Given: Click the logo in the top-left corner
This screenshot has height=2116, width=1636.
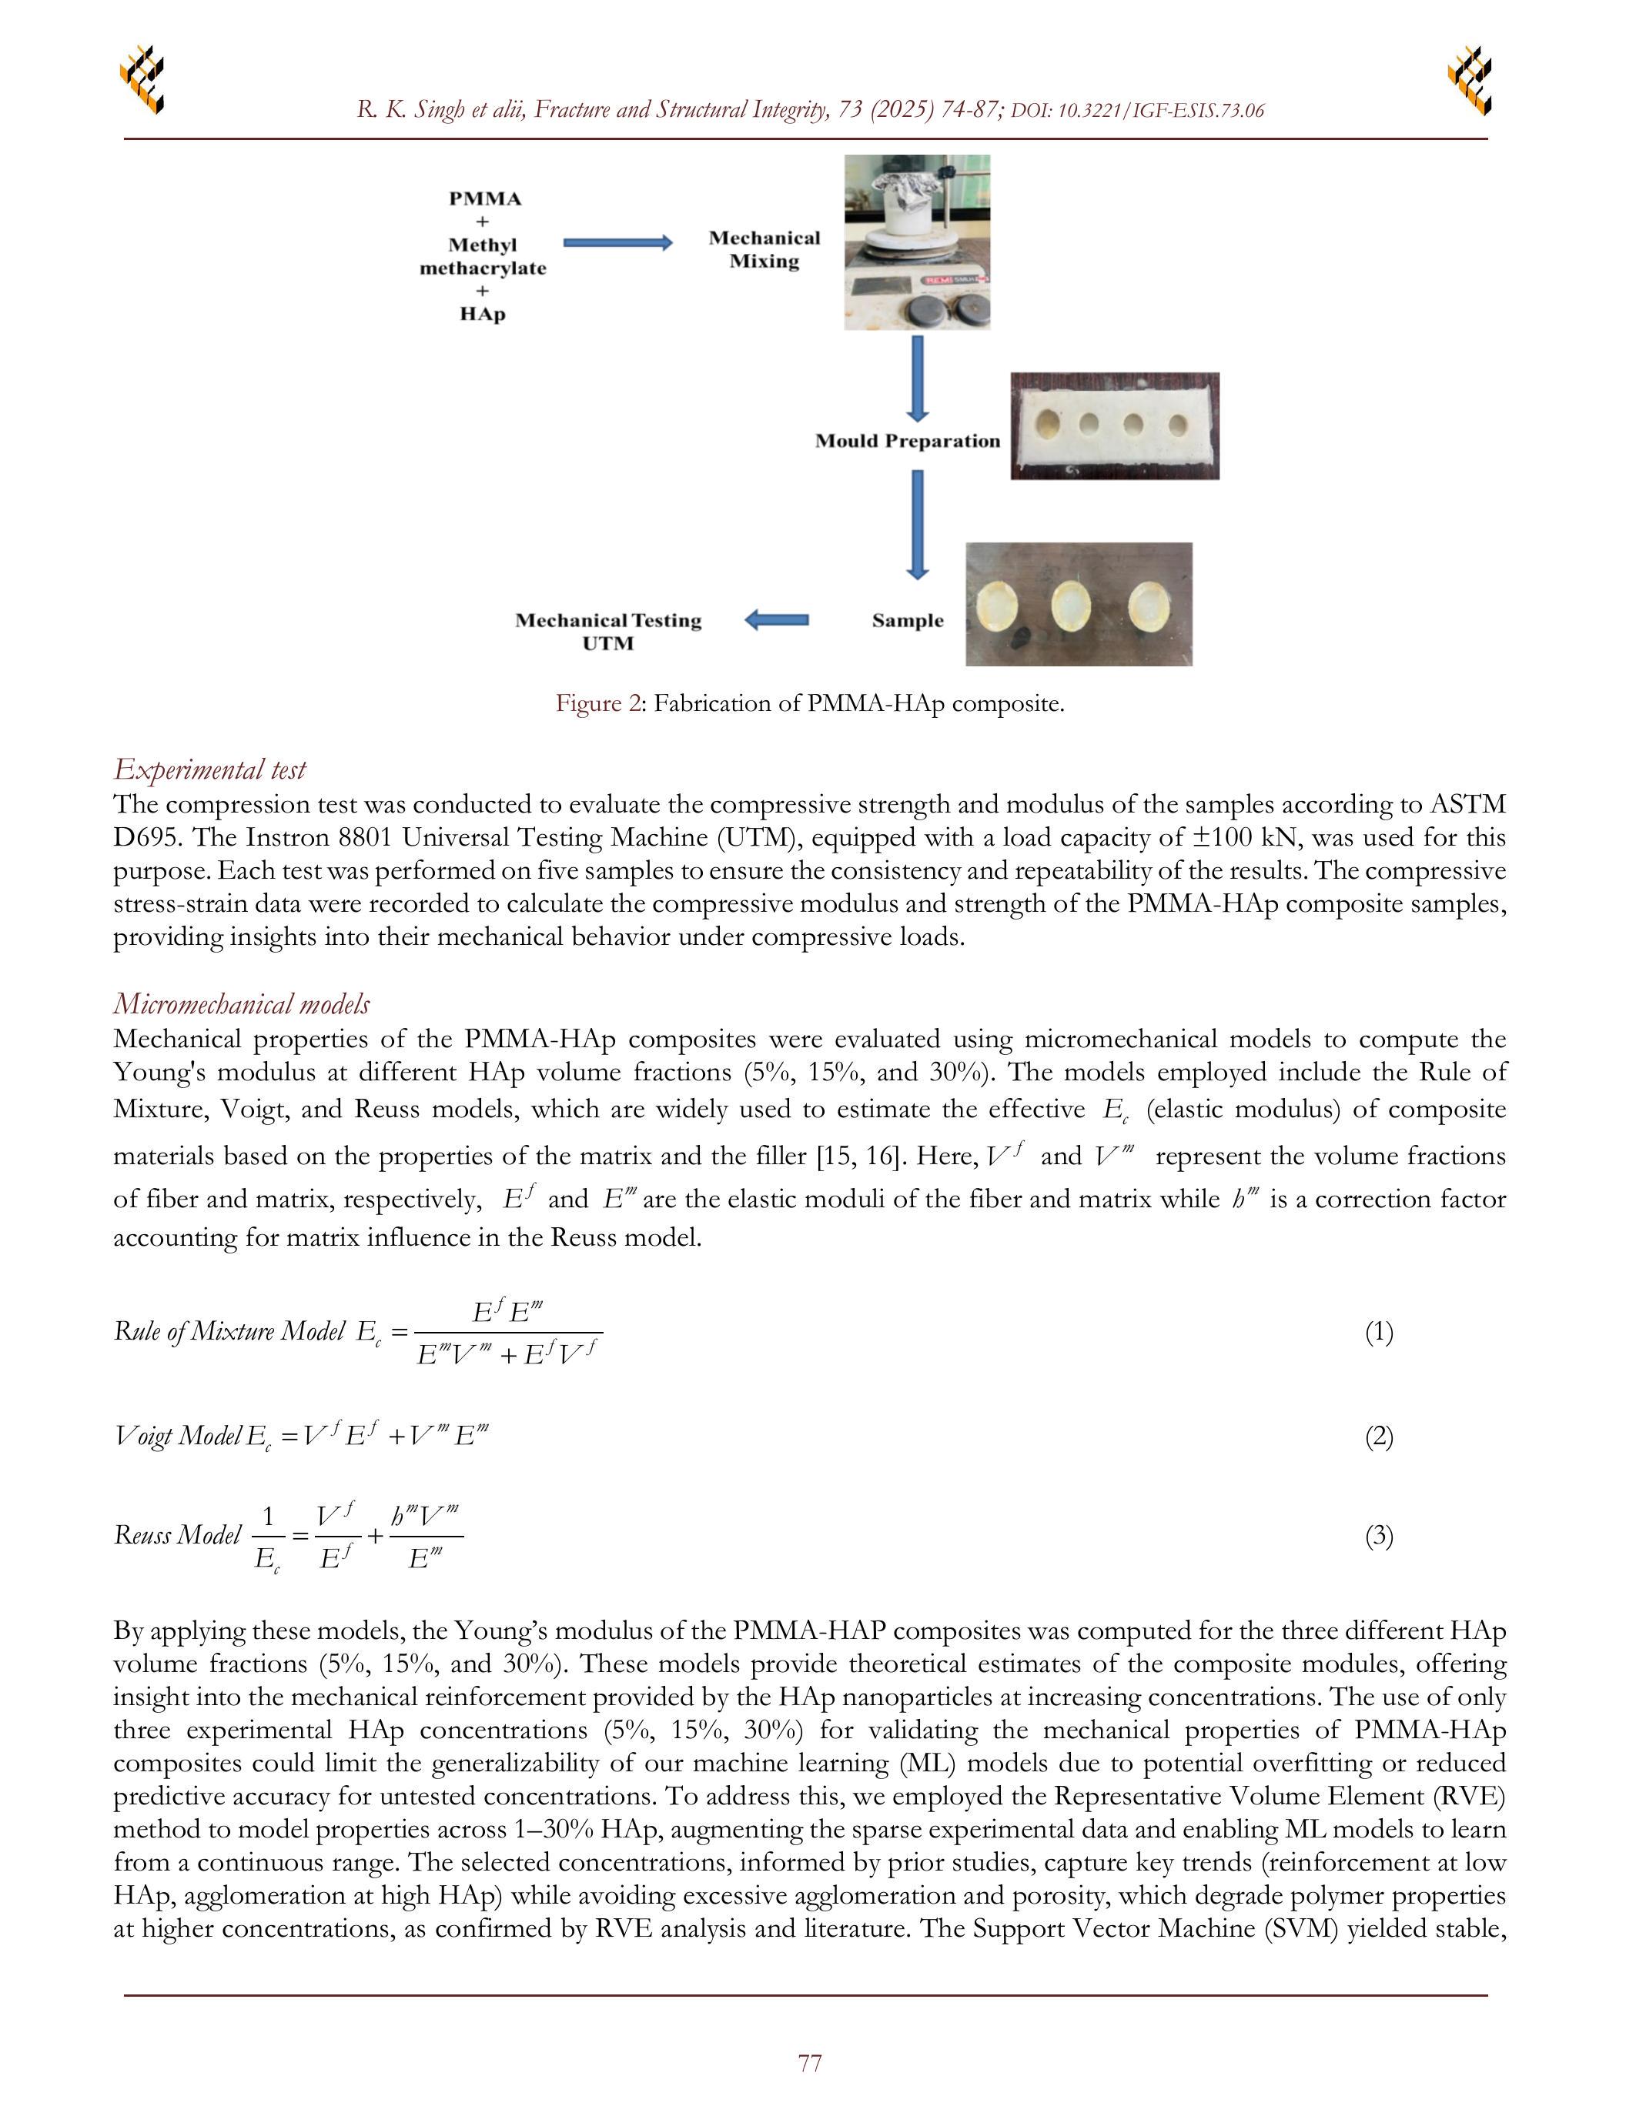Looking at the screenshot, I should click(142, 78).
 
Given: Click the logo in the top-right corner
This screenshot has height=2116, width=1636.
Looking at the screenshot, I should click(1470, 78).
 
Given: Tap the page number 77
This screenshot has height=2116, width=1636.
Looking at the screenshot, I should click(810, 2063).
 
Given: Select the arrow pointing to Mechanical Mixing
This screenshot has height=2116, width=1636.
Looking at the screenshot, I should click(617, 243).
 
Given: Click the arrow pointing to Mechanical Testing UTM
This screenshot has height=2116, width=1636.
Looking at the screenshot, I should click(776, 620).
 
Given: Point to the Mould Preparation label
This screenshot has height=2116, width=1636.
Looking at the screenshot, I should click(907, 442).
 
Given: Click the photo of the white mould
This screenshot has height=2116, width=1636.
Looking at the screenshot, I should click(1115, 426).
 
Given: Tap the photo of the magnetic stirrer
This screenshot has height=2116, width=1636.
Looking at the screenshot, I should click(917, 242).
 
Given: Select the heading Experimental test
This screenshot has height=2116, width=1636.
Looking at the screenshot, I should click(209, 769).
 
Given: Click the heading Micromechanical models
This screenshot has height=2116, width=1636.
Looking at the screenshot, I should click(241, 1003).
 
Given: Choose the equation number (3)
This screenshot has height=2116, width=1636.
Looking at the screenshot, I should click(1378, 1536).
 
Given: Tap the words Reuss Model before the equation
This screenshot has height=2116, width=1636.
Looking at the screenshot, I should click(177, 1535).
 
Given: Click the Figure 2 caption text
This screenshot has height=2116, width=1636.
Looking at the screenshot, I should click(810, 703).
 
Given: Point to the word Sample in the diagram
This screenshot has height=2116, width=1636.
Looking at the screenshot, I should click(907, 621).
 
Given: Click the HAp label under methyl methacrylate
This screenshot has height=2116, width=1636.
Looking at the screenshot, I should click(483, 314).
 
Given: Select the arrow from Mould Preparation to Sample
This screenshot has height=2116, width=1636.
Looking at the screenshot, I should click(917, 523).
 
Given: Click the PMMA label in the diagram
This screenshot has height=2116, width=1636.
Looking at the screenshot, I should click(484, 199).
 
